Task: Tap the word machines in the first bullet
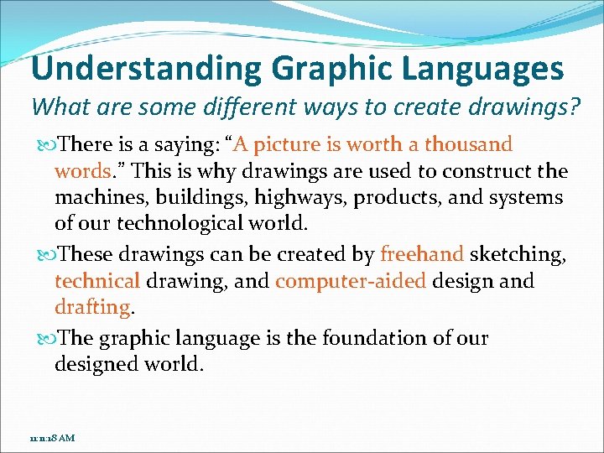[94, 198]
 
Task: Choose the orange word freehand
[421, 254]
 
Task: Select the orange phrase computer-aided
[351, 280]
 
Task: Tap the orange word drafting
[91, 307]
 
